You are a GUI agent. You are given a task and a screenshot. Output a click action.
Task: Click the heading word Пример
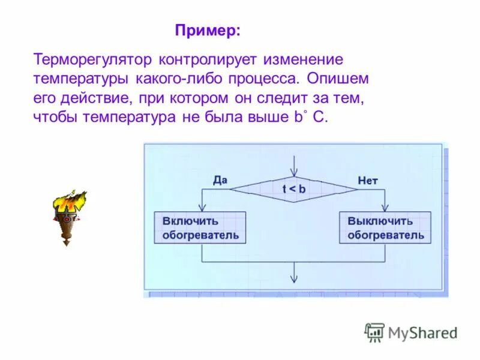[x=207, y=31]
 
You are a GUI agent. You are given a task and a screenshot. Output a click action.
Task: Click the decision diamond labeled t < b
[x=294, y=189]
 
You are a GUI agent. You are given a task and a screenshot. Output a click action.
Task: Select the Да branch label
[x=220, y=179]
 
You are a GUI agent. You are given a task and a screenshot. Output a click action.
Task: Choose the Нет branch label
[x=368, y=179]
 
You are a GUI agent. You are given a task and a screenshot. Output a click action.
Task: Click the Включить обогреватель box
[x=200, y=227]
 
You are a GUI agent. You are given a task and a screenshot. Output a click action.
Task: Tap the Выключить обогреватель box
[x=385, y=227]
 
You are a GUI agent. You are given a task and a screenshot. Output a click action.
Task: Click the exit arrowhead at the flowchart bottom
[x=294, y=278]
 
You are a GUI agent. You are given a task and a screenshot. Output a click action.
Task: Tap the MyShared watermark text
[x=422, y=332]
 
